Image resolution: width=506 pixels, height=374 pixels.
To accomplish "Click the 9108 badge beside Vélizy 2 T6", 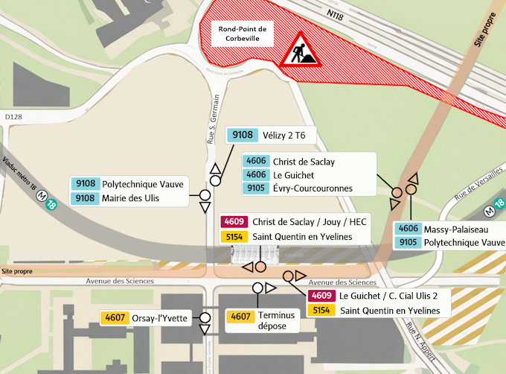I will [243, 135].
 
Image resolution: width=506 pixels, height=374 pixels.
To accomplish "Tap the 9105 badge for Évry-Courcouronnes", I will [257, 188].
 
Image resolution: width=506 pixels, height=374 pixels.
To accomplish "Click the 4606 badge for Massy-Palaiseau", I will [408, 228].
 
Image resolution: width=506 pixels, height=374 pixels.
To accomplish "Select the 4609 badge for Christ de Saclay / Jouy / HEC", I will [235, 222].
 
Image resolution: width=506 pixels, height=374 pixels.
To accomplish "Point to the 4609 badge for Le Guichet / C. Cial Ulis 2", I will [323, 296].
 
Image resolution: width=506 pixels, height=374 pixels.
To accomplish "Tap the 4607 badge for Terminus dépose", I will [241, 316].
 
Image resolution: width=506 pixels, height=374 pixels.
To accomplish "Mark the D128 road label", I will [13, 116].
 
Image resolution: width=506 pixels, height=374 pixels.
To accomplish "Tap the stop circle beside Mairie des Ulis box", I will [205, 196].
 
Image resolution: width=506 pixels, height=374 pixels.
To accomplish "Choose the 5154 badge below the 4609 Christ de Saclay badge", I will [235, 237].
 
